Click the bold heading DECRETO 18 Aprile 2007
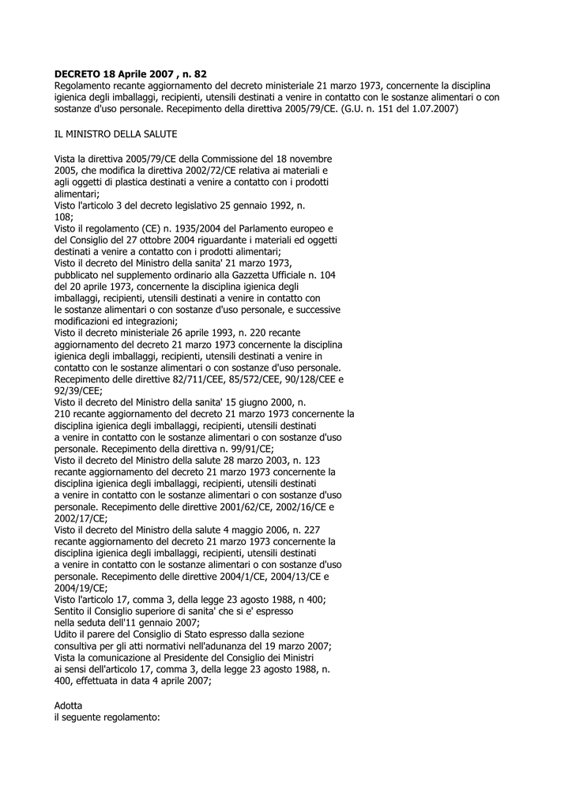pyautogui.click(x=130, y=73)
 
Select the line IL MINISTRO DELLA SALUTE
pyautogui.click(x=116, y=134)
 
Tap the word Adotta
pyautogui.click(x=68, y=704)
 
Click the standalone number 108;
pyautogui.click(x=64, y=216)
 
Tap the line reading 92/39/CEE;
pyautogui.click(x=78, y=390)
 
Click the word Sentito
pyautogui.click(x=71, y=611)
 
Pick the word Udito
pyautogui.click(x=67, y=634)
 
